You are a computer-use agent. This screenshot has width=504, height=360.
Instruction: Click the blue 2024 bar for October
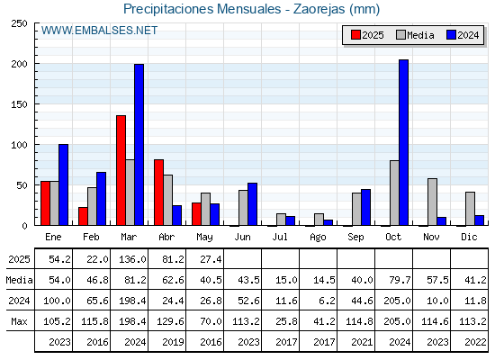(404, 142)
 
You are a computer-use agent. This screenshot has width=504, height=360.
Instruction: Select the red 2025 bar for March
(121, 170)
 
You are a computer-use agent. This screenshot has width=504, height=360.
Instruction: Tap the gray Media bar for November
(432, 202)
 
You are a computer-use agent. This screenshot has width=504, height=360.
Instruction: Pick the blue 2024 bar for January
(63, 184)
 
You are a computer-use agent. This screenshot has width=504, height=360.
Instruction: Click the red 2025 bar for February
(83, 216)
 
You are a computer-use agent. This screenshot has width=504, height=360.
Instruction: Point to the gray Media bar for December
(470, 209)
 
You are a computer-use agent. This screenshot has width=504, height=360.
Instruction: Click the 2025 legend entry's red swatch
(355, 35)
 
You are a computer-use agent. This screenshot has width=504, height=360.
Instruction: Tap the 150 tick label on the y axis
(19, 104)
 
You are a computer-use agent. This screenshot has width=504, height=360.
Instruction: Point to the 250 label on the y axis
(19, 23)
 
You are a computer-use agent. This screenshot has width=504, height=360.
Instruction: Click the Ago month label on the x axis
(318, 238)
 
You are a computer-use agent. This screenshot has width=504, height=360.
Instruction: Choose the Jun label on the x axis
(242, 237)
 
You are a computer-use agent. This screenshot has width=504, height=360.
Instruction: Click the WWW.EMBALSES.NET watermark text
(99, 31)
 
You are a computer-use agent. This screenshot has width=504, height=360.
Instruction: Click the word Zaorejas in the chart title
(319, 9)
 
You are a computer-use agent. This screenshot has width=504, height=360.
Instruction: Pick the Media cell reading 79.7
(400, 280)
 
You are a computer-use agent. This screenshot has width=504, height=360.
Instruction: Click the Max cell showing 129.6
(170, 321)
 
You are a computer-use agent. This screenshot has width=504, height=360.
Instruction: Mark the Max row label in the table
(19, 321)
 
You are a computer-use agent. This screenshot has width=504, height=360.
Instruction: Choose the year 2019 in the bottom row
(173, 342)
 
